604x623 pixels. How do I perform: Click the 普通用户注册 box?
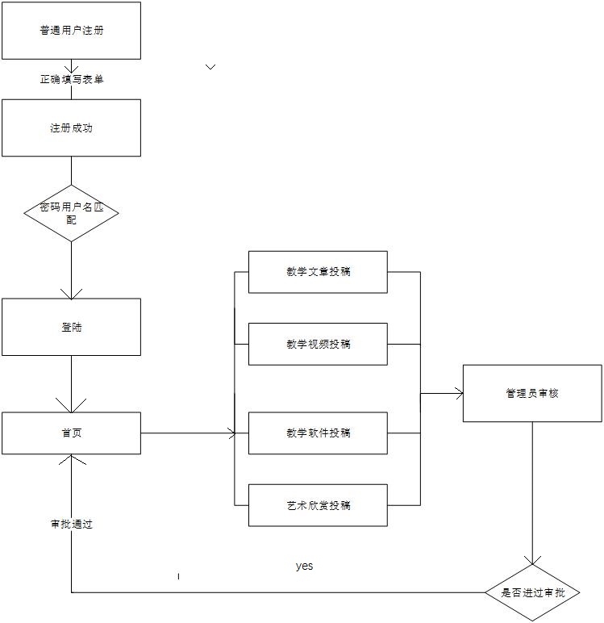click(x=71, y=31)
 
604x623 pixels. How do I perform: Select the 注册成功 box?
click(x=71, y=128)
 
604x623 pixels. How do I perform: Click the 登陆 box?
click(x=71, y=328)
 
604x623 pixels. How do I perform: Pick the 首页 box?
click(x=71, y=433)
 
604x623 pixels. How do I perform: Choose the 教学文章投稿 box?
click(x=318, y=271)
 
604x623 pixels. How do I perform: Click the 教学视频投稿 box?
click(x=318, y=344)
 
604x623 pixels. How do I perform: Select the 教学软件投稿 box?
click(x=318, y=433)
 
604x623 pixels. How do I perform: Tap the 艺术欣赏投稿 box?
click(x=318, y=505)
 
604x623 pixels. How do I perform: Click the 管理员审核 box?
click(x=532, y=393)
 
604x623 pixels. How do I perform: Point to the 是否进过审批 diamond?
click(x=532, y=592)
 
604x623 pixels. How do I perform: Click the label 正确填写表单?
click(x=71, y=79)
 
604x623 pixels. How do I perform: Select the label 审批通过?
click(x=71, y=524)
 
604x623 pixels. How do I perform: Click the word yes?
click(x=304, y=567)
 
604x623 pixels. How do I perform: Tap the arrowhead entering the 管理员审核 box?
click(x=459, y=393)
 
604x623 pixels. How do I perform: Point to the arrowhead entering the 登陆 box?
click(x=71, y=293)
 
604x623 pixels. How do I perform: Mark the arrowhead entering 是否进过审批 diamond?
click(x=532, y=559)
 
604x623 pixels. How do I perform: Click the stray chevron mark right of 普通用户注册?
click(x=210, y=67)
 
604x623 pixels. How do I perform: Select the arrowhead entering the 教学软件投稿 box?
click(x=233, y=433)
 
